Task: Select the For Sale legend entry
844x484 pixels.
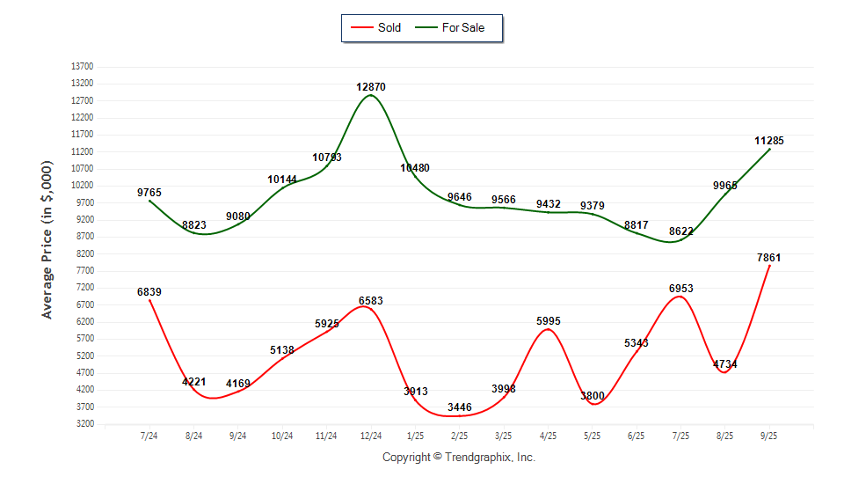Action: (462, 27)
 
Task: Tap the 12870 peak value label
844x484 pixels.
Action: (371, 87)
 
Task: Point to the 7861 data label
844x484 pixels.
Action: (768, 258)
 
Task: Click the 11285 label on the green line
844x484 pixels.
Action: (768, 141)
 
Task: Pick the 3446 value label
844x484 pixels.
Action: (459, 407)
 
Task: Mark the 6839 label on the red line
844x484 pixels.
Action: (149, 292)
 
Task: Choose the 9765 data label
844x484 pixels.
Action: (149, 193)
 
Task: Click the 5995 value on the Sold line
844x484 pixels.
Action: (549, 321)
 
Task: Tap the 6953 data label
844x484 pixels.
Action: (680, 289)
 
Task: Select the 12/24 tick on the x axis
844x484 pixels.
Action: (371, 436)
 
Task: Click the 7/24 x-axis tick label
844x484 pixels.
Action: (149, 436)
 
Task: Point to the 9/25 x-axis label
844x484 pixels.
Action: (769, 436)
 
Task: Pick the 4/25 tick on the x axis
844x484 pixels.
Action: (549, 436)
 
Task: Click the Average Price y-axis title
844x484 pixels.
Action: (47, 239)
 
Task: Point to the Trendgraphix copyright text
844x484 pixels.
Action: (459, 458)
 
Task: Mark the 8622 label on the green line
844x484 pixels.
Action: (680, 231)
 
